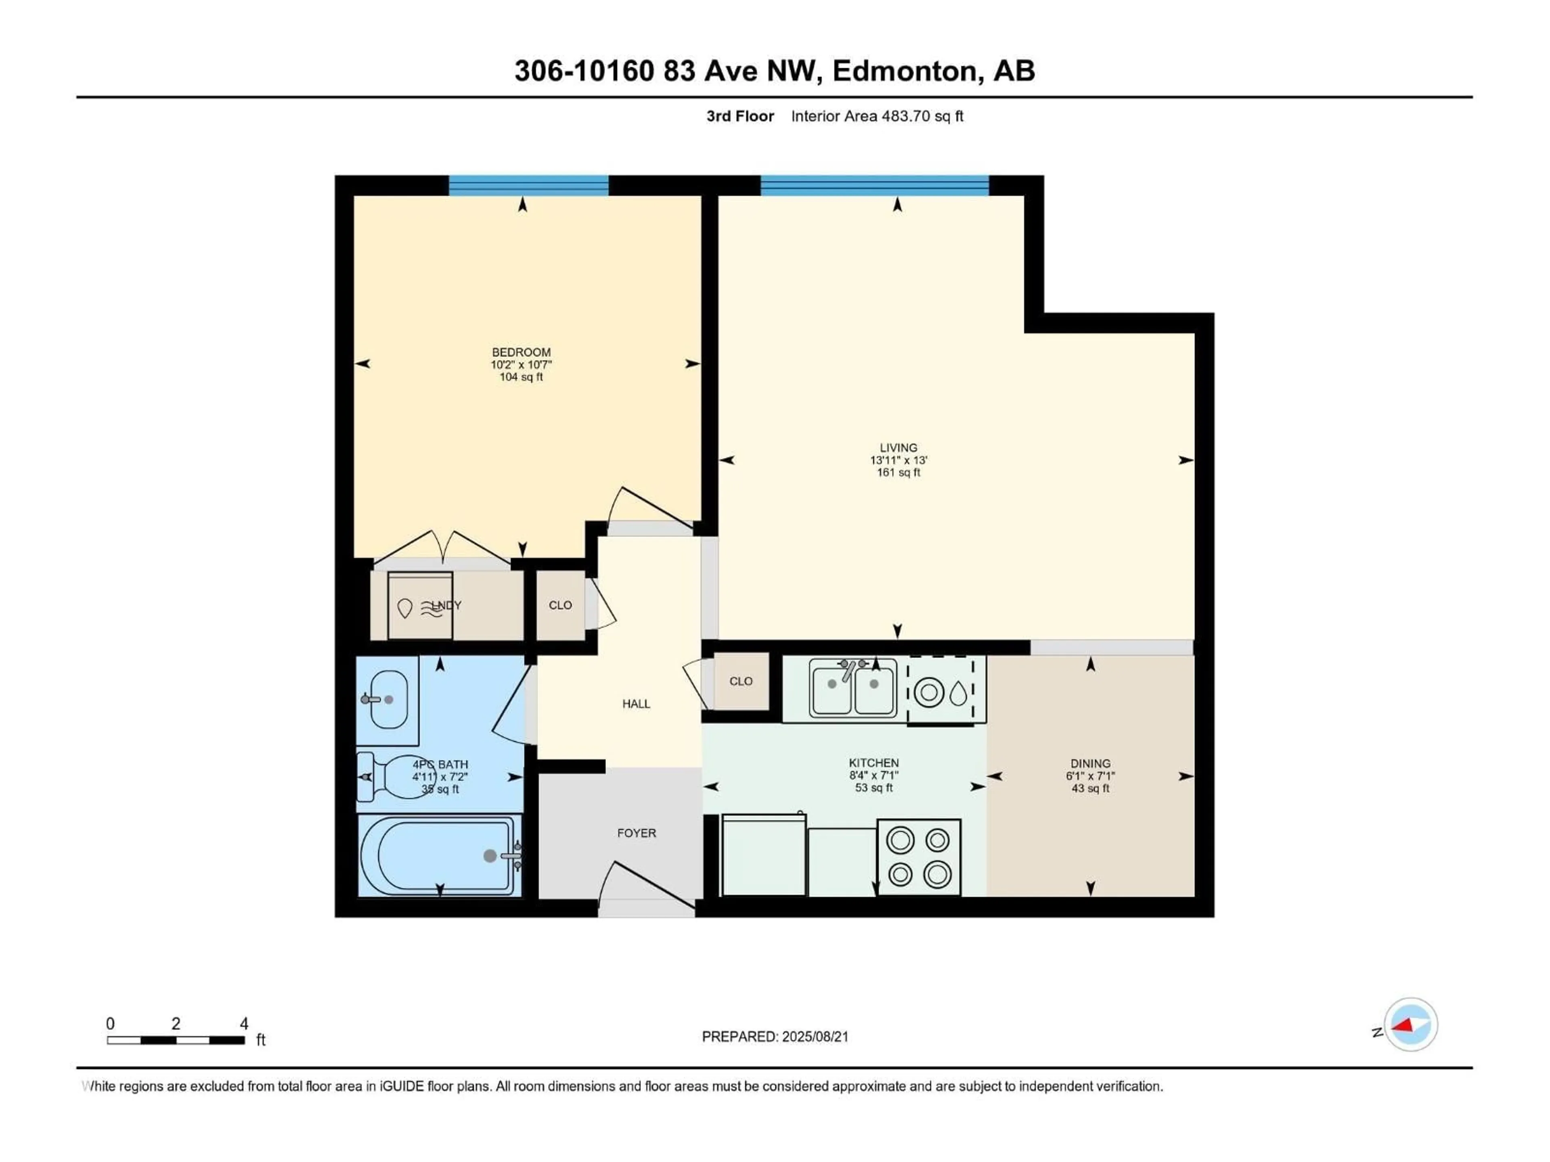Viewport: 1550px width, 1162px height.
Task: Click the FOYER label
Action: click(x=636, y=833)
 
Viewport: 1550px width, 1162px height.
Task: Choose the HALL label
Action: click(x=636, y=704)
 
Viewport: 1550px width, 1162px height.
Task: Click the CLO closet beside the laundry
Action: click(x=560, y=605)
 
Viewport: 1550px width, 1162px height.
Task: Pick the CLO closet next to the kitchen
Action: click(x=741, y=681)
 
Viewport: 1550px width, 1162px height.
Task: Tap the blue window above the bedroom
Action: click(x=528, y=186)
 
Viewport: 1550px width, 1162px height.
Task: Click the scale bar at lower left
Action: click(x=176, y=1040)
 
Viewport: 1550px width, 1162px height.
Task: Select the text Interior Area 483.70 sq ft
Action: click(x=877, y=116)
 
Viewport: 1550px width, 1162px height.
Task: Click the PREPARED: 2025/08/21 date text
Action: click(x=775, y=1037)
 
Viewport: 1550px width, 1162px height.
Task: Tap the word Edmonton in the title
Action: click(x=905, y=71)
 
